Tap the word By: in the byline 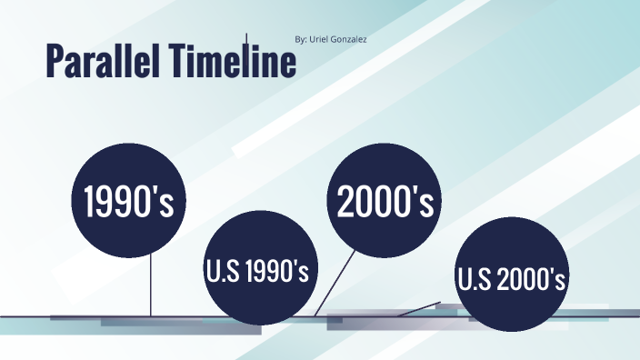(303, 40)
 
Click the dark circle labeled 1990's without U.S (128, 201)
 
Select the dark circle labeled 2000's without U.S (385, 201)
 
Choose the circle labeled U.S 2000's (511, 277)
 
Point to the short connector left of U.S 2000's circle (418, 309)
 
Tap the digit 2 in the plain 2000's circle (346, 202)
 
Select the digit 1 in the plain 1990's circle (89, 202)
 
